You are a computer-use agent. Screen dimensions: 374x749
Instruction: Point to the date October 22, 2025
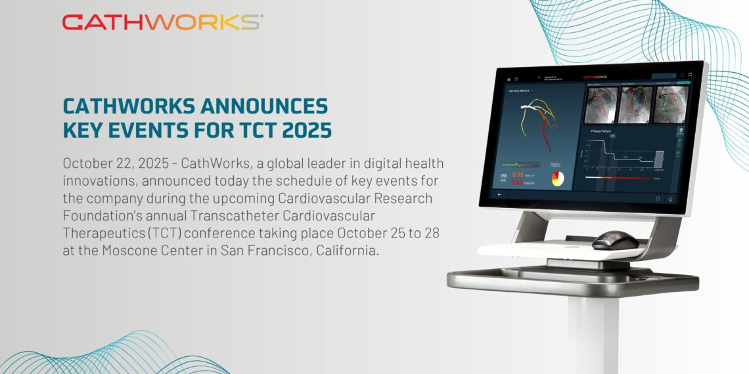pos(112,162)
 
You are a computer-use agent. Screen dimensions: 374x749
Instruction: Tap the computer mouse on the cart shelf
pos(615,239)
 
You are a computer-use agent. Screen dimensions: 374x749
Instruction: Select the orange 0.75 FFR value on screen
pos(519,175)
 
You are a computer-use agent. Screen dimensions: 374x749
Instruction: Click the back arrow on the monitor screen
pos(500,195)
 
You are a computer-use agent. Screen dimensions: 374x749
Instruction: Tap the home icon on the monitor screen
pos(670,199)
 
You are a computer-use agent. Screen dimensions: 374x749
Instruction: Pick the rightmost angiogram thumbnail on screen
pos(669,105)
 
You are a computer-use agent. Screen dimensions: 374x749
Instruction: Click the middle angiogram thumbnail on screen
pos(636,104)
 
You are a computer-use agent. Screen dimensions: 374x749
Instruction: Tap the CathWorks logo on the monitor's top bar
pos(595,77)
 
